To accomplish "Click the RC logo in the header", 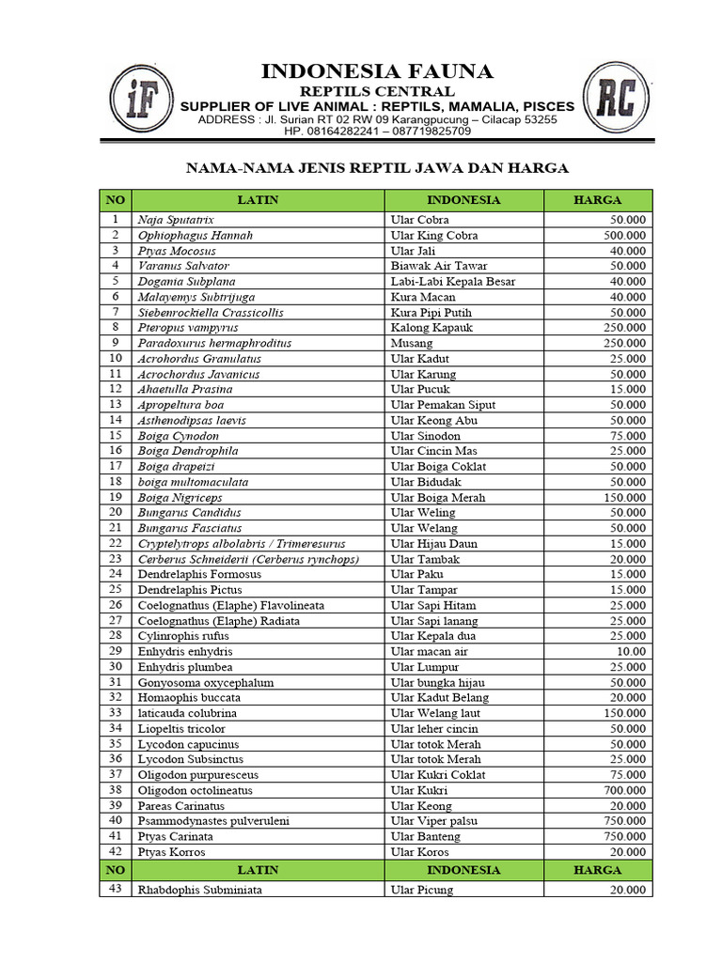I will pyautogui.click(x=614, y=98).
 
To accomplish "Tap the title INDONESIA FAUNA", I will pyautogui.click(x=376, y=71).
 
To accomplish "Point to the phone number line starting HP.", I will pyautogui.click(x=377, y=132).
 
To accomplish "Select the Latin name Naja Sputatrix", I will pyautogui.click(x=176, y=220).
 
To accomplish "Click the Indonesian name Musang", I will pyautogui.click(x=412, y=343).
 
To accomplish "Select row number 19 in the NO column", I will pyautogui.click(x=116, y=497).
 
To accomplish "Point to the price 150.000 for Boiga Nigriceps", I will pyautogui.click(x=623, y=497).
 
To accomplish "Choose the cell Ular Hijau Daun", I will pyautogui.click(x=434, y=543).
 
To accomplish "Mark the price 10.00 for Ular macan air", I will pyautogui.click(x=629, y=651).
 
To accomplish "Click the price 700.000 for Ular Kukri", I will pyautogui.click(x=623, y=790).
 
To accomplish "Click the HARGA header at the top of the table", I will pyautogui.click(x=598, y=200).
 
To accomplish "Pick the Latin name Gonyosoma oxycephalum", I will pyautogui.click(x=206, y=682).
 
